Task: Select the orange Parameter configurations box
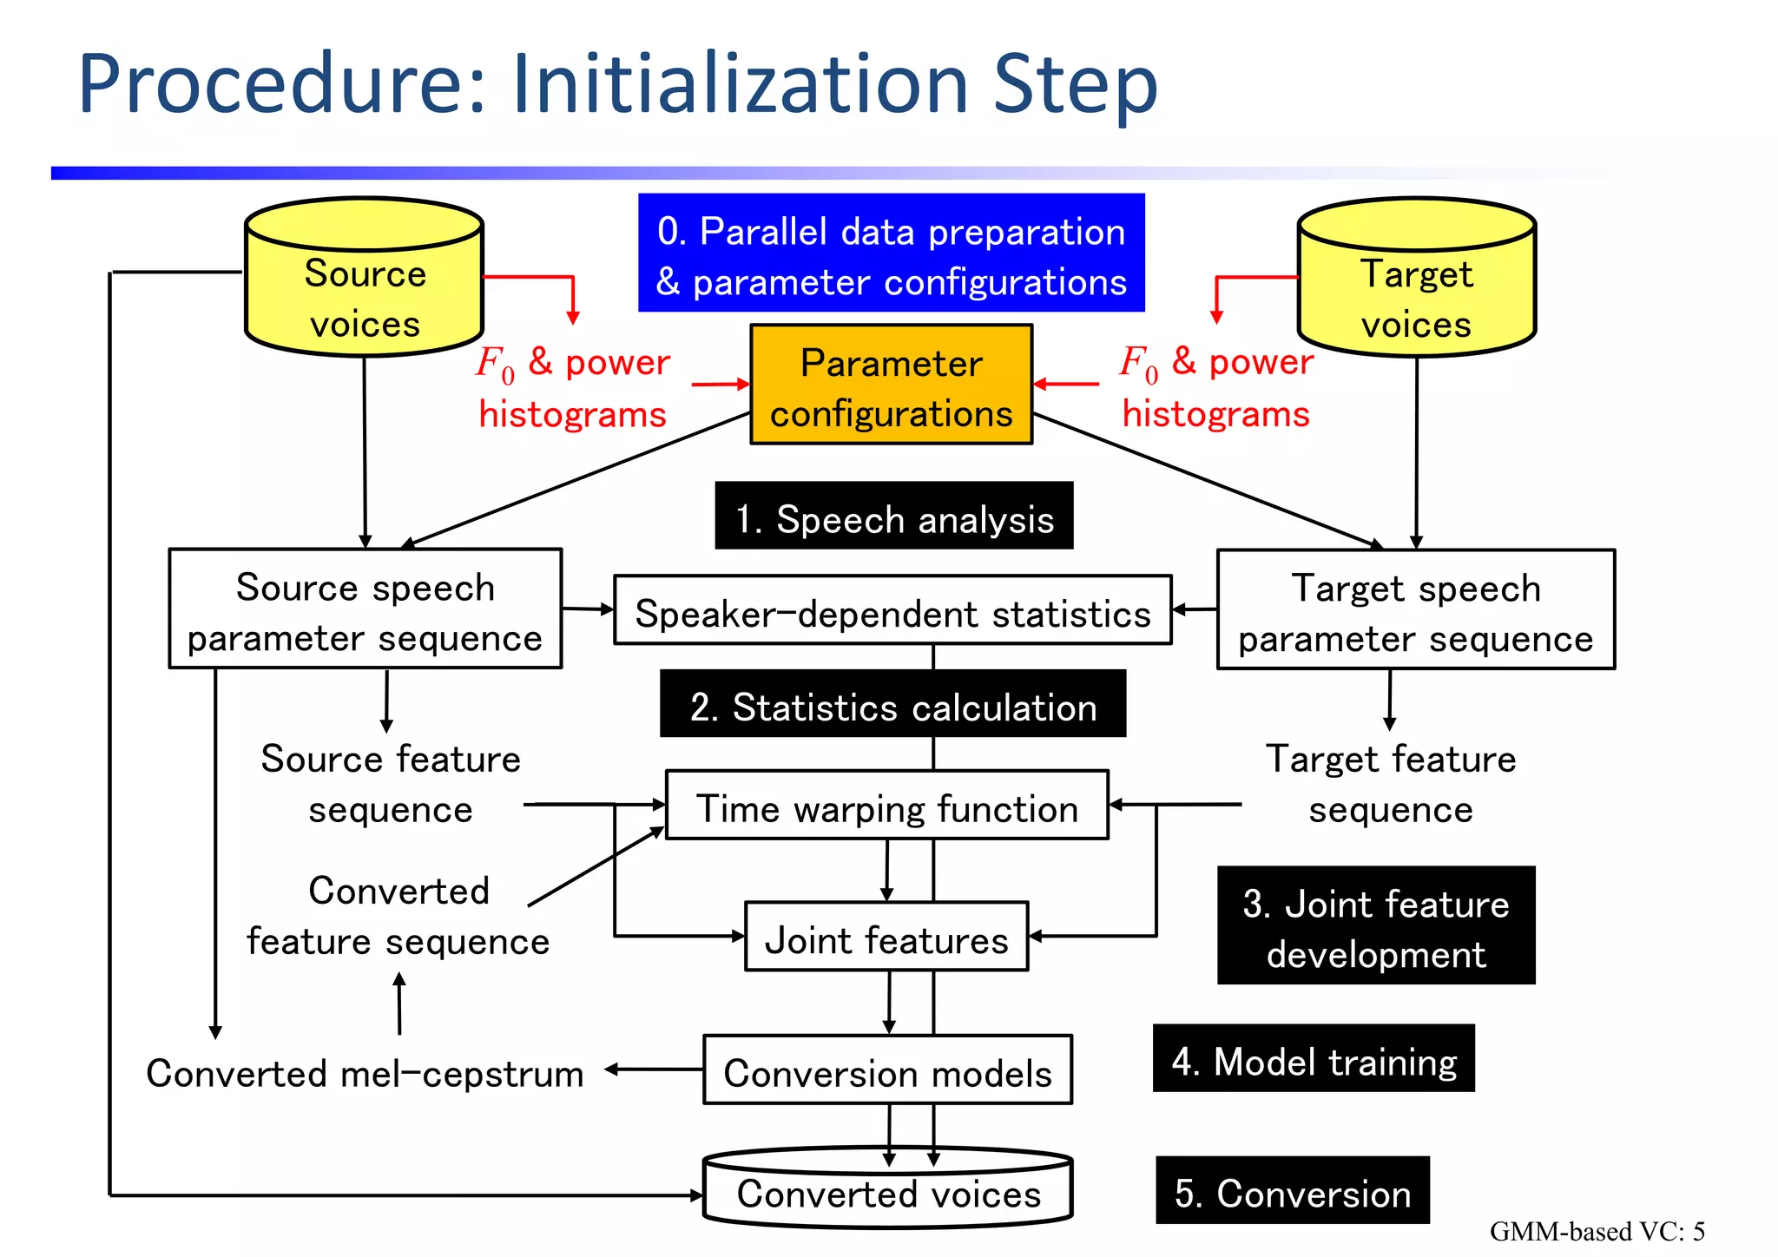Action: (891, 385)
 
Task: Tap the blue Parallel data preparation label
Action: (891, 253)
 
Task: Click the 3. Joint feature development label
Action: (1376, 925)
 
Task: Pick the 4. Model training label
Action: (1313, 1058)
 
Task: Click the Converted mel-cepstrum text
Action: (365, 1073)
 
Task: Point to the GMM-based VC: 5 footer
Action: (1597, 1231)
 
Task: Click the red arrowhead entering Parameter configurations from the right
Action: (1040, 384)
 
